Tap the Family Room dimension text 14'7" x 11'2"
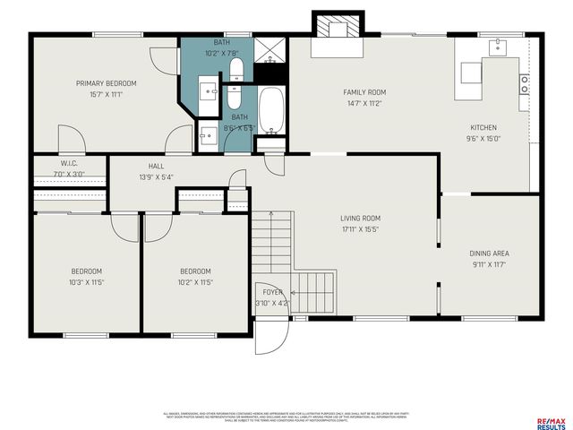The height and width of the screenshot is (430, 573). click(x=363, y=103)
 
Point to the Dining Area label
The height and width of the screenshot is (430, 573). click(x=490, y=254)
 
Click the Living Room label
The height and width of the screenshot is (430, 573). click(x=360, y=218)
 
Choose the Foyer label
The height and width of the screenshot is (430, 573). click(x=272, y=292)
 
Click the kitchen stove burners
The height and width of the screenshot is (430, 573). click(x=525, y=84)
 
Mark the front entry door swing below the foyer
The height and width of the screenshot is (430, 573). click(x=270, y=335)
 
